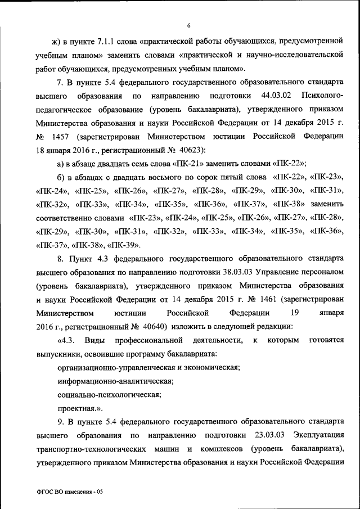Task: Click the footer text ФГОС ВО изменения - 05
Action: pyautogui.click(x=70, y=492)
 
